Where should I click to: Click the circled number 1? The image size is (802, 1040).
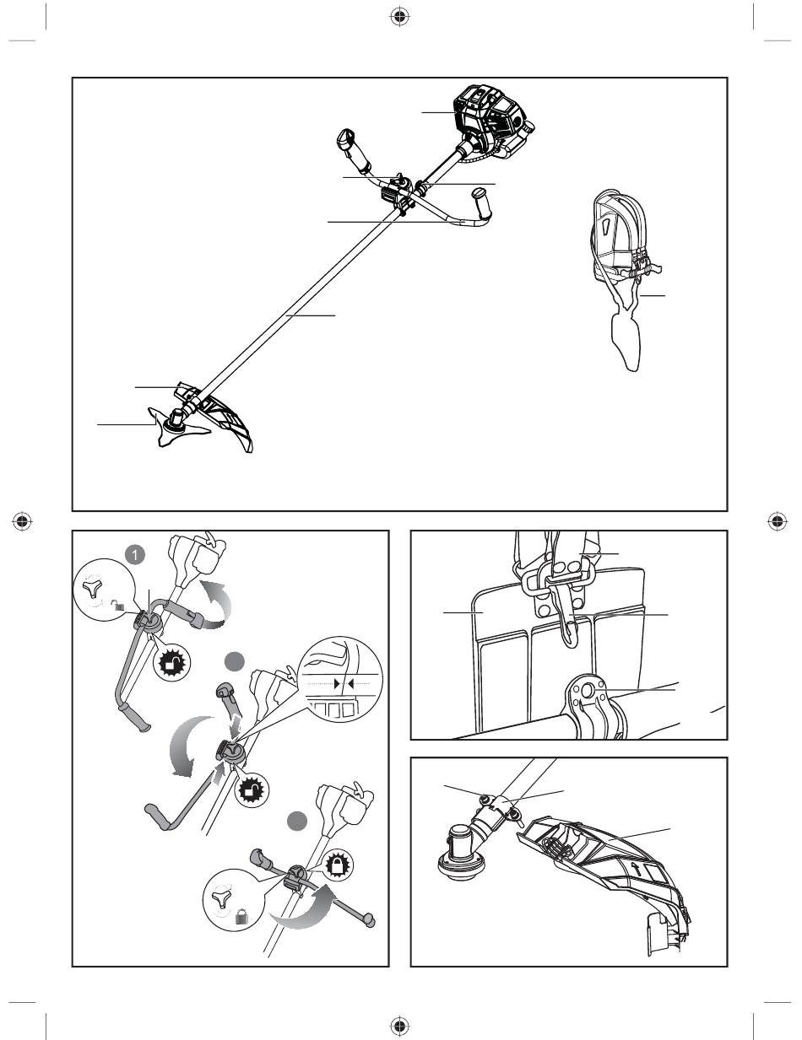[x=136, y=555]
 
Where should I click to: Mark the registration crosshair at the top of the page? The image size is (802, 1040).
[x=399, y=17]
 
